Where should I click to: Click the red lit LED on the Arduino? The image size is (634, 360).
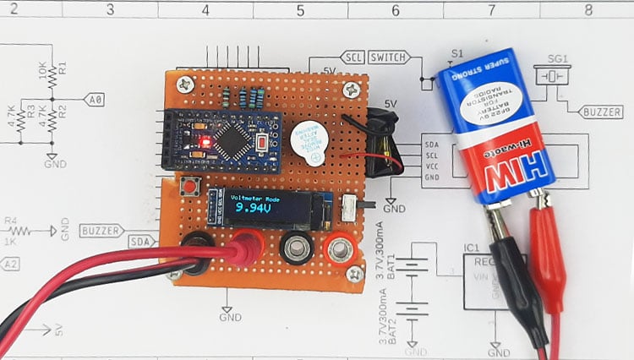pyautogui.click(x=202, y=139)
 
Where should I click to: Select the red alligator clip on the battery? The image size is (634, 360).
pyautogui.click(x=546, y=254)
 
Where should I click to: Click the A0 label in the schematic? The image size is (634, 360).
pyautogui.click(x=96, y=100)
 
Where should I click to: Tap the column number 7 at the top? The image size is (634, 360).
pyautogui.click(x=492, y=9)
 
